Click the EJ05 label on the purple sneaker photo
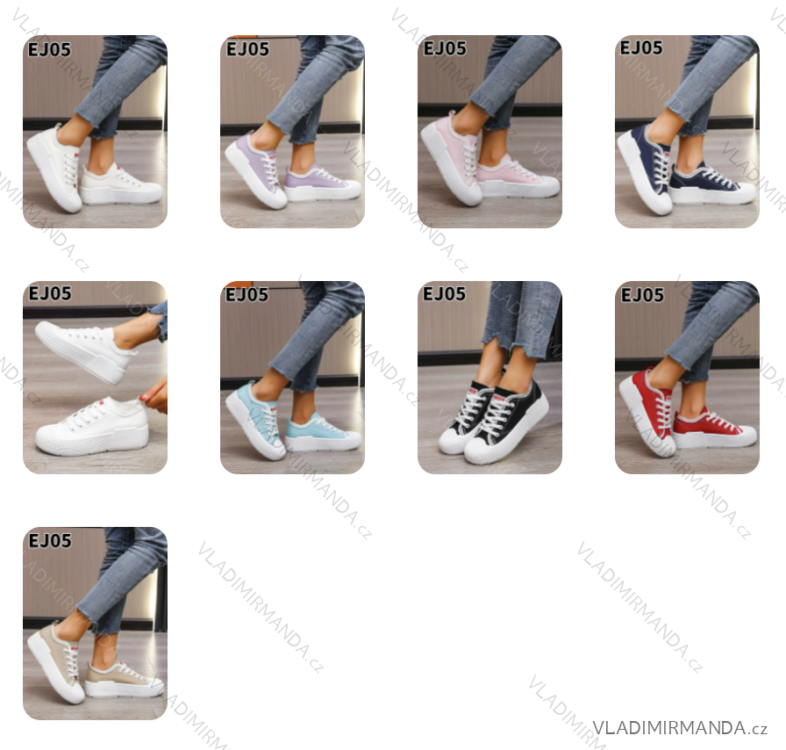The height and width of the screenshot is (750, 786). [247, 49]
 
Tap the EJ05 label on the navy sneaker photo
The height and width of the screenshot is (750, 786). [641, 47]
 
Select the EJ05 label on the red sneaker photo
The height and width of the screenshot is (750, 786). [642, 295]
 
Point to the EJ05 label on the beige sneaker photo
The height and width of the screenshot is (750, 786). [50, 541]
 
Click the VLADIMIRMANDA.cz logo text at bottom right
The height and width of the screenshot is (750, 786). [680, 727]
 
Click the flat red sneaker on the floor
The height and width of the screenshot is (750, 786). [714, 428]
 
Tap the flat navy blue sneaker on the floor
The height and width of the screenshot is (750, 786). [712, 184]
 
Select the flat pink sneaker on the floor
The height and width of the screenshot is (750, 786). [518, 177]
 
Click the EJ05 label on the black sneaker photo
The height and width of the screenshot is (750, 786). [444, 293]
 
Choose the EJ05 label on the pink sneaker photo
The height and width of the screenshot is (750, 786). [445, 48]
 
